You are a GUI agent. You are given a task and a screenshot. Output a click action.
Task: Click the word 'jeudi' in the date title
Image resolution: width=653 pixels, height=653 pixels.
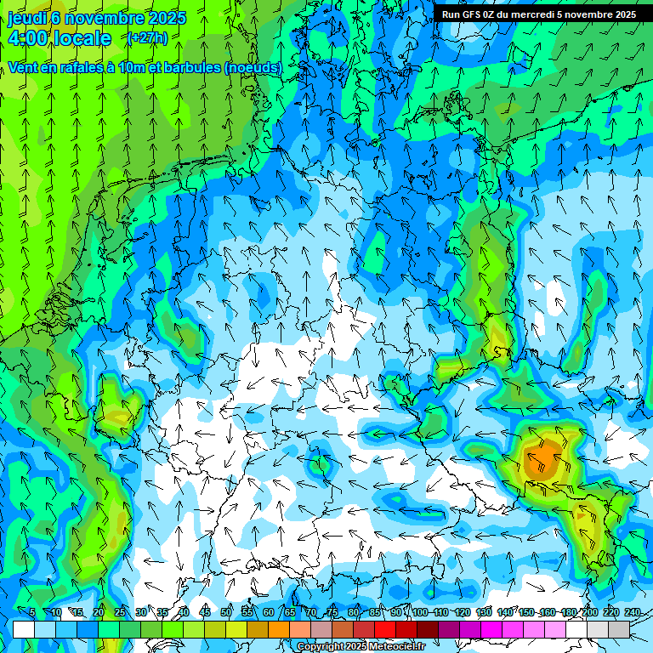[x=26, y=19]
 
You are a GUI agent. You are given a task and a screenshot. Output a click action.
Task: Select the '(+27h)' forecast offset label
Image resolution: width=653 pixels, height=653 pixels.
[x=147, y=37]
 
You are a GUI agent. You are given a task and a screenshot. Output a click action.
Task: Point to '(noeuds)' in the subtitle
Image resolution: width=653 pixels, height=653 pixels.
[x=253, y=67]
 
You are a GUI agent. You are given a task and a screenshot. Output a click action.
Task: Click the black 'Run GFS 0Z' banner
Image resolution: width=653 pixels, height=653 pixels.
[x=539, y=14]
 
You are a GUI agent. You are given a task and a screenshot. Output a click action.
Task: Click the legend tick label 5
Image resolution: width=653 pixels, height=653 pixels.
[x=31, y=612]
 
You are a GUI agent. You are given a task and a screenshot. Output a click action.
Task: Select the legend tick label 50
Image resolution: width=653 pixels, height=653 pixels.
[x=225, y=612]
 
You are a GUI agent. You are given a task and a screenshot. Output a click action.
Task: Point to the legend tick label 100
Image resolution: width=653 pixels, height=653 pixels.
[x=419, y=612]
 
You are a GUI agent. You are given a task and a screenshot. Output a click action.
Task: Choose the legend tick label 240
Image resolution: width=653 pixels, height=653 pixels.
[x=632, y=612]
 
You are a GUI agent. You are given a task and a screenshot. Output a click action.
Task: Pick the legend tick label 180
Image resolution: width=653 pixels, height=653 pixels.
[x=568, y=612]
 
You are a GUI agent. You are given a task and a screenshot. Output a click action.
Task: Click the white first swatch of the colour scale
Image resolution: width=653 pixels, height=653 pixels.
[x=23, y=629]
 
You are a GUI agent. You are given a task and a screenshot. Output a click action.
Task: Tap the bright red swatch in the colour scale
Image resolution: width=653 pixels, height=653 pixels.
[x=385, y=629]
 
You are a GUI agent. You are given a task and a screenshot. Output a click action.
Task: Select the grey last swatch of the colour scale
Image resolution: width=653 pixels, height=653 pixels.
[x=619, y=629]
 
